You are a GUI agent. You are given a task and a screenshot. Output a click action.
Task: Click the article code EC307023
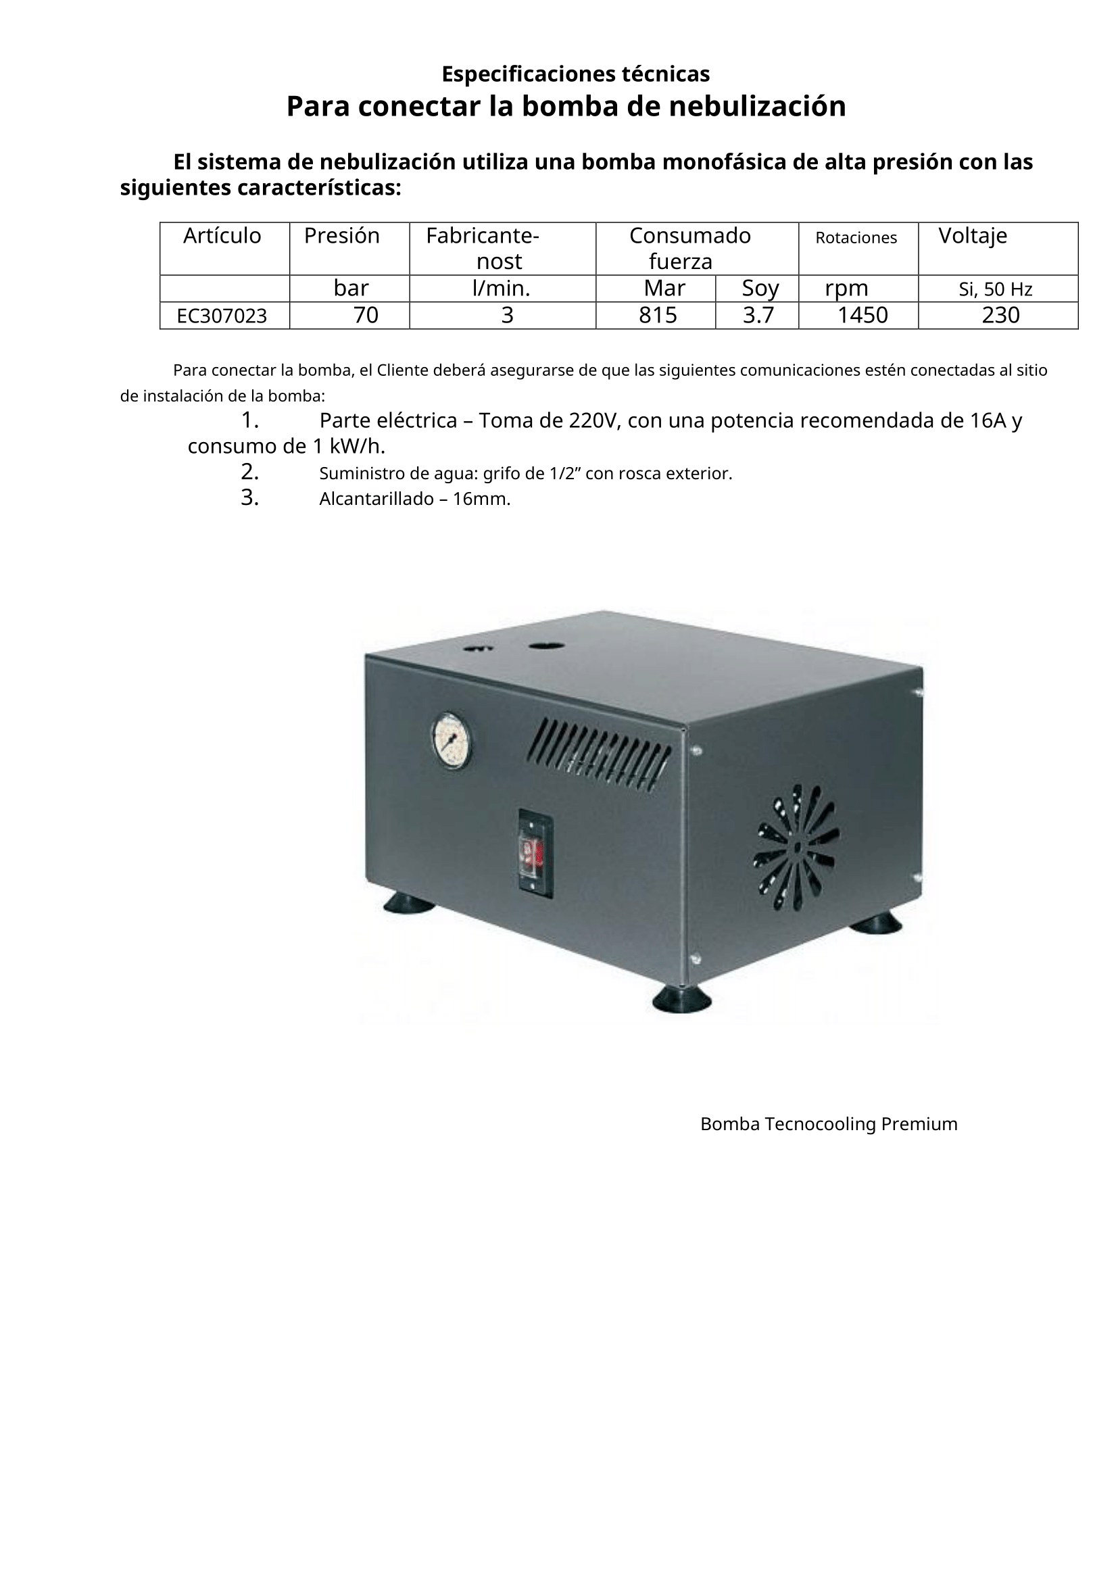[x=222, y=316]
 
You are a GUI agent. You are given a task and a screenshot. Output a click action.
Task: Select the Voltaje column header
[x=972, y=236]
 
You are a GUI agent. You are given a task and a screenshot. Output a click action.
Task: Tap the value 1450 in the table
[x=862, y=316]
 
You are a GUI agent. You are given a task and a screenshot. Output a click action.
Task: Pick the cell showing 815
[x=658, y=316]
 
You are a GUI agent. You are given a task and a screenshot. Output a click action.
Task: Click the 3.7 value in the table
[x=758, y=316]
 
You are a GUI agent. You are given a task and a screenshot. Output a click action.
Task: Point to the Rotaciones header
[x=856, y=237]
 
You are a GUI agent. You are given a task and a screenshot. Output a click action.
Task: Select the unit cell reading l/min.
[x=501, y=289]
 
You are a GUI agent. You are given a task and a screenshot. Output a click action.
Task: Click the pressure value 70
[x=366, y=316]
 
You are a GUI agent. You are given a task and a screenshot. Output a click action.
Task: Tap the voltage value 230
[x=1000, y=316]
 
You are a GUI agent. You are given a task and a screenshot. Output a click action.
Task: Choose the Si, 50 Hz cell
[x=995, y=289]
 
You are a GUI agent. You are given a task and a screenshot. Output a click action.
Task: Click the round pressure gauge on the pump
[x=452, y=741]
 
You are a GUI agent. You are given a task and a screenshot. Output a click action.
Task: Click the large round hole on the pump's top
[x=547, y=646]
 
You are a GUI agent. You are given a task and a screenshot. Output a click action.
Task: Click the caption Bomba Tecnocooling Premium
[x=828, y=1124]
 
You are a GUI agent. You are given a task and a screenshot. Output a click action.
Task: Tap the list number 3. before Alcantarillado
[x=249, y=498]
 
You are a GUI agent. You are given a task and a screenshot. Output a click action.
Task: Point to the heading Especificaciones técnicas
[x=575, y=73]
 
